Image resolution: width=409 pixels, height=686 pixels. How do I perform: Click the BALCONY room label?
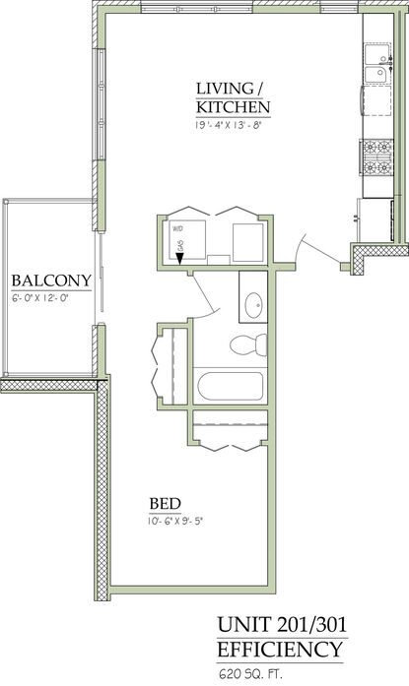point(51,281)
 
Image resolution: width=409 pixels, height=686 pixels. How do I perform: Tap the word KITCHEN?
point(233,106)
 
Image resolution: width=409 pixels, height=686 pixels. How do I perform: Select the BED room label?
point(166,504)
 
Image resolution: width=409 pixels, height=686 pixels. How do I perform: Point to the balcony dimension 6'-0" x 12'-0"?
point(41,299)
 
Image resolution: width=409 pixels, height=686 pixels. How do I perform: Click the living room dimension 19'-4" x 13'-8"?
point(229,125)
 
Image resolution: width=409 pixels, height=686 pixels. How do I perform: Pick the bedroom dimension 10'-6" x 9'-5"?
point(176,521)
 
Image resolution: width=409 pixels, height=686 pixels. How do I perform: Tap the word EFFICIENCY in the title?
point(280,650)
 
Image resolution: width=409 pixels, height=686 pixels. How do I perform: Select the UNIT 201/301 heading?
point(282,625)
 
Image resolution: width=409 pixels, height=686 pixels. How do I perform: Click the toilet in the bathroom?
point(248,345)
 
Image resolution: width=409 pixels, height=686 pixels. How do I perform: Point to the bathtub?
point(231,386)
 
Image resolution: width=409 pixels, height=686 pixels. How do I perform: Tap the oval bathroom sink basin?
point(253,305)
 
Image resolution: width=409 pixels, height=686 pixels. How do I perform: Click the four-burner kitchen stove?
point(376,156)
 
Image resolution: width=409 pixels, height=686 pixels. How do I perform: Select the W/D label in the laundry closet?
point(177,228)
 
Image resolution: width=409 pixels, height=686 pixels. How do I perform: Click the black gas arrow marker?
point(180,259)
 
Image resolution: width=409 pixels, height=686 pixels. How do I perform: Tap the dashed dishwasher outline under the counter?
point(377,100)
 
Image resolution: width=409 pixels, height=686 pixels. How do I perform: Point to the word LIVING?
point(225,89)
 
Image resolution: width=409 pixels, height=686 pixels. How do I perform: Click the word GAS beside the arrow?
point(180,246)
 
